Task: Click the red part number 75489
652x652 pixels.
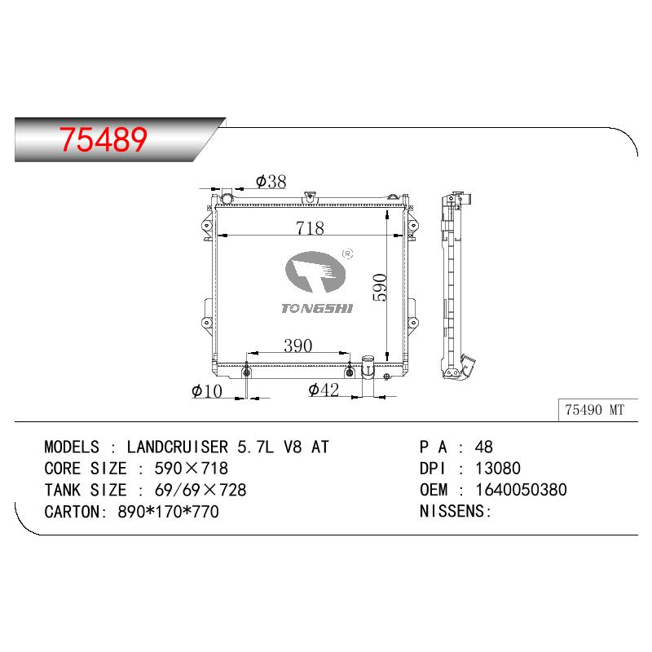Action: coord(104,139)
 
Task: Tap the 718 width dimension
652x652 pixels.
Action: coord(310,228)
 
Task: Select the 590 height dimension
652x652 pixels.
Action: coord(380,288)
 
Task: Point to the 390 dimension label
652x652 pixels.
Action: coord(297,346)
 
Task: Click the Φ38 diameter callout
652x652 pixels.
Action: coord(271,181)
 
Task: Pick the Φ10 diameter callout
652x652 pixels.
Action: coord(207,391)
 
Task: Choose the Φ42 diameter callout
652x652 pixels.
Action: coord(324,390)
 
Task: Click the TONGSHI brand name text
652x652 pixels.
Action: coord(317,308)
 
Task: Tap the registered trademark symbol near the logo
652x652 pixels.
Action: coord(347,253)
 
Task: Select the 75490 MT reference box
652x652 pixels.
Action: coord(598,410)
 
